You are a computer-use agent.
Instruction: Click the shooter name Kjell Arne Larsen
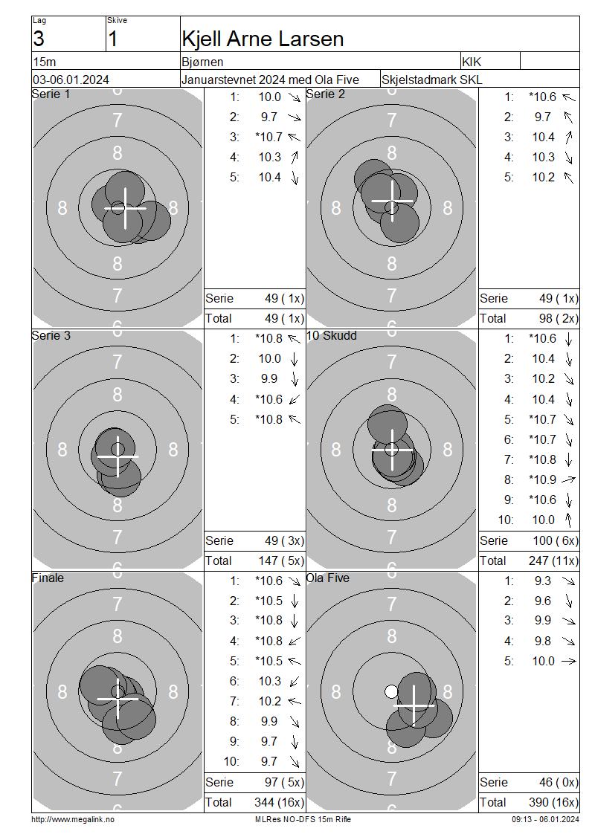[x=263, y=39]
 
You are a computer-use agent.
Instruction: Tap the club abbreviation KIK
[x=472, y=62]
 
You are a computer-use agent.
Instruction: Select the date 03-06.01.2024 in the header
[x=71, y=80]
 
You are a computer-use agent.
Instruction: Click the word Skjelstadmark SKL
[x=431, y=80]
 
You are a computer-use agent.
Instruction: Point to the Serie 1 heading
[x=51, y=94]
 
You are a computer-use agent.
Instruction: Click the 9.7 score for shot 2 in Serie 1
[x=269, y=117]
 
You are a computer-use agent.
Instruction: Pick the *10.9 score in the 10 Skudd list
[x=542, y=479]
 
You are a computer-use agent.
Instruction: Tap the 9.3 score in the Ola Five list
[x=542, y=581]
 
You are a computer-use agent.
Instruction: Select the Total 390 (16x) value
[x=553, y=802]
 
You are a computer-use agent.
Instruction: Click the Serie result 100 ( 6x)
[x=556, y=540]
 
